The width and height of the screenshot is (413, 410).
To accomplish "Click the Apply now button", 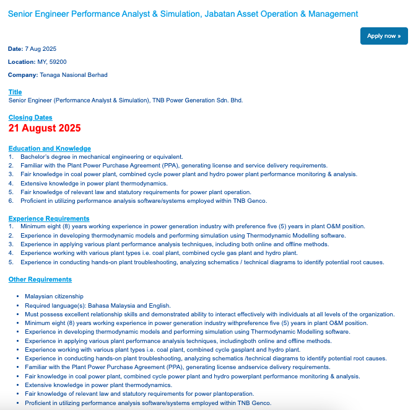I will [x=384, y=36].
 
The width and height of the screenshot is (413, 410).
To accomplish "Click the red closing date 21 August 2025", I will [x=45, y=128].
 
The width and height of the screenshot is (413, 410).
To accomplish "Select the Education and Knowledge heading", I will [x=50, y=148].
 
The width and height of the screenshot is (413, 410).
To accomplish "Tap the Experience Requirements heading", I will [x=49, y=218].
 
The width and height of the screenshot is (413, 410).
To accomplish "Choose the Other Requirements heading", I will [x=40, y=280].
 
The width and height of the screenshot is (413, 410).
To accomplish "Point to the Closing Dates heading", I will [x=30, y=117].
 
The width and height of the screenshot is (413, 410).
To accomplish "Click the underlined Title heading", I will [x=15, y=92].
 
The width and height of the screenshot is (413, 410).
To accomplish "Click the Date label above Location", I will [x=15, y=48].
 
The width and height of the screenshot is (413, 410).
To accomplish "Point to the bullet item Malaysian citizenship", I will [x=54, y=296].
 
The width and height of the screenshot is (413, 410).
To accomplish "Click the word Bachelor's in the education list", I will [x=35, y=157].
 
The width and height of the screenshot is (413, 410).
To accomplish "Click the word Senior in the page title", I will [x=20, y=14].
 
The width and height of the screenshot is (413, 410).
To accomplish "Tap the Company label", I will [x=22, y=75].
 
